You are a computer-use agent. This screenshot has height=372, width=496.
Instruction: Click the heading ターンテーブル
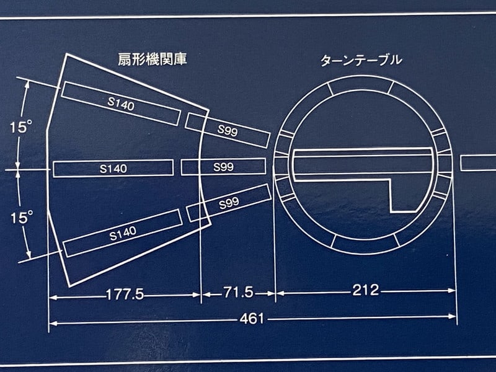pos(361,61)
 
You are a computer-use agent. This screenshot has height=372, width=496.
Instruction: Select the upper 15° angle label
pos(21,127)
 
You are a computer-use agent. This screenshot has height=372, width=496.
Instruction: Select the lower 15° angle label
pos(21,218)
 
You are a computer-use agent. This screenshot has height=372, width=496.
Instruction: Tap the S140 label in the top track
pos(121,105)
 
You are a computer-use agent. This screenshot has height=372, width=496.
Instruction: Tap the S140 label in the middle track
pos(113,168)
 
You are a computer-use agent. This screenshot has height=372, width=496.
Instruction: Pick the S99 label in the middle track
pos(223,167)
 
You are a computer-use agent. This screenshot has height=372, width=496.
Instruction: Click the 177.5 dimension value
pos(125,294)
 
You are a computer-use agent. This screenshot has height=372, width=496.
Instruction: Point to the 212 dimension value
pos(366,290)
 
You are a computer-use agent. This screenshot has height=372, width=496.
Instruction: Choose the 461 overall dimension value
pos(252,319)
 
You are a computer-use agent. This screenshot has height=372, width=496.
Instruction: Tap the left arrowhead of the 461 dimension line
pos(52,322)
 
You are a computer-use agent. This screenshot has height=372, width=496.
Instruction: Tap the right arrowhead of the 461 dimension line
pos(454,317)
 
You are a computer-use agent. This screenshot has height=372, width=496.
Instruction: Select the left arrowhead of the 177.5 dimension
pos(52,298)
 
